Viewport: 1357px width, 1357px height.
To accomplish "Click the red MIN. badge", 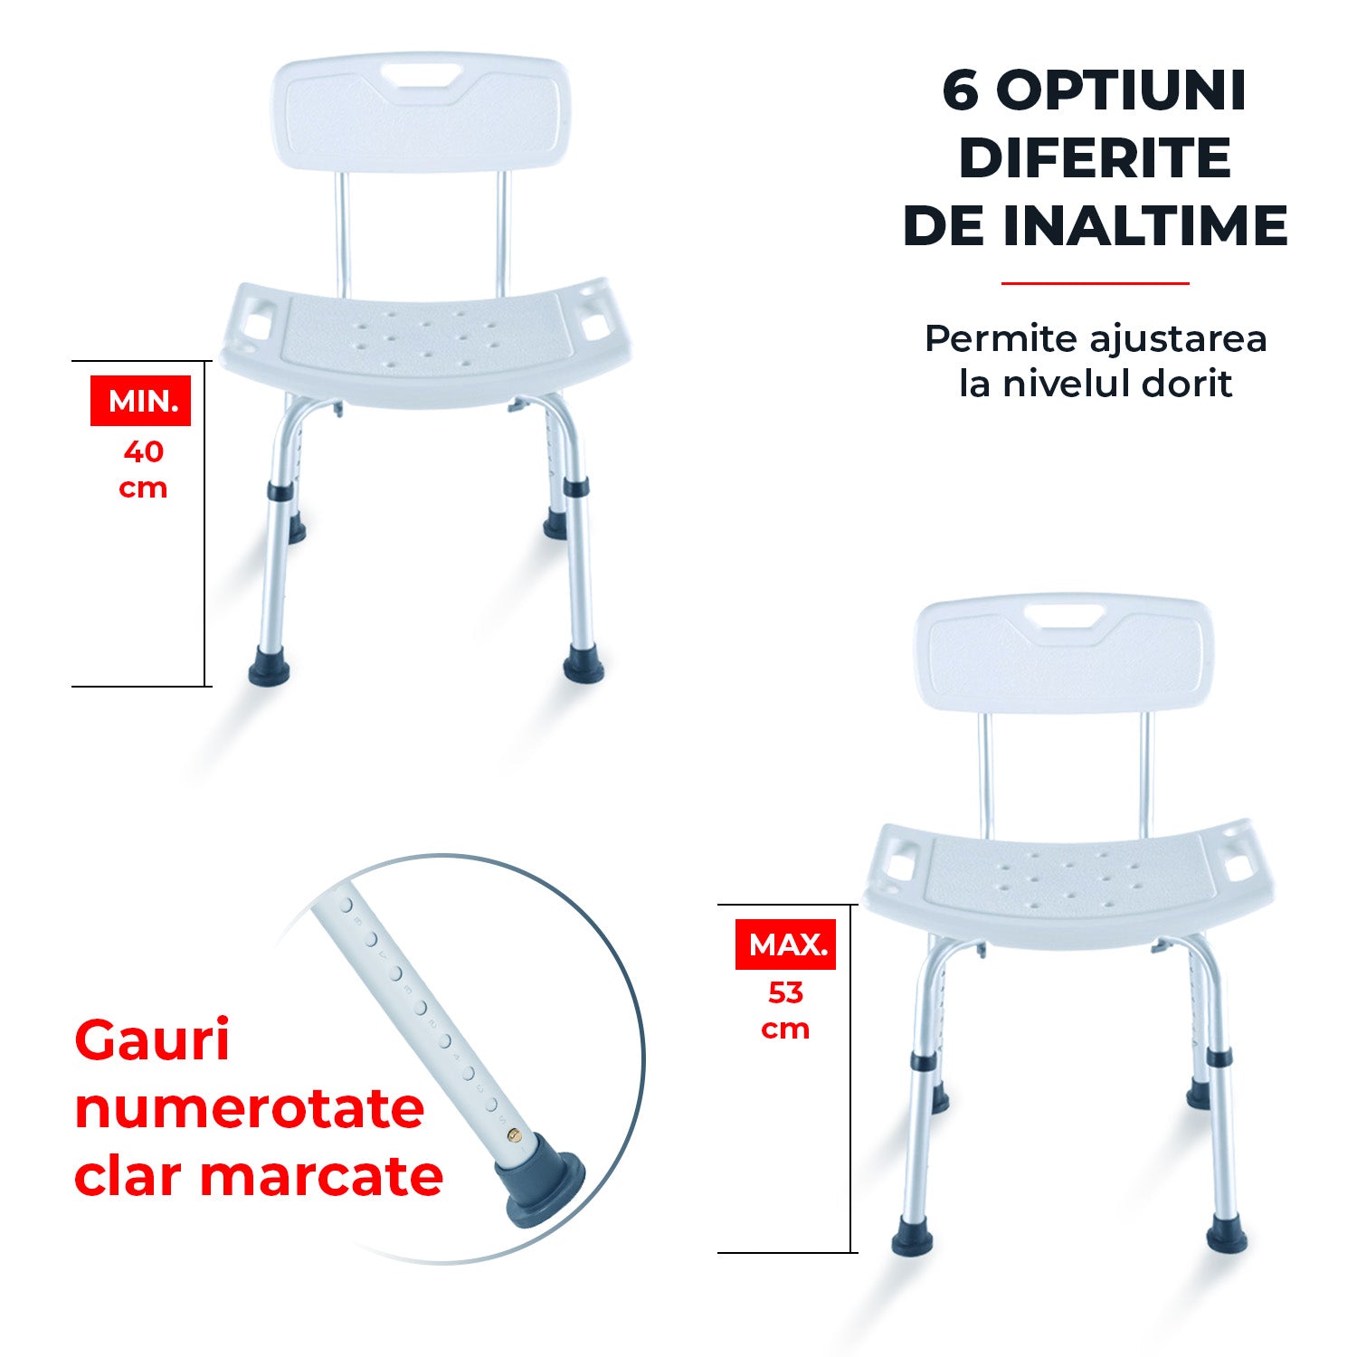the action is [x=140, y=400].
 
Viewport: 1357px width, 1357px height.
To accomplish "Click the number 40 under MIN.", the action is [x=143, y=451].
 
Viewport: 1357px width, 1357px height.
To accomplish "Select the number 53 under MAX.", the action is [x=785, y=993].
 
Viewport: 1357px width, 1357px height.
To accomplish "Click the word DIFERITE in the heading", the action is [x=1095, y=157].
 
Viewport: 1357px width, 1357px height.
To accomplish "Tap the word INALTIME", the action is [x=1145, y=225].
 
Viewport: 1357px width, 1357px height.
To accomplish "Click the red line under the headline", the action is [x=1095, y=283].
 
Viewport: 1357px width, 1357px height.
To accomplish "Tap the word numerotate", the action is [x=250, y=1109].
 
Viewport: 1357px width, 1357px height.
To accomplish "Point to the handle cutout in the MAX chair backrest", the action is [x=1064, y=619].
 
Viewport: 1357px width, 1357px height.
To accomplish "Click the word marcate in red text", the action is [x=321, y=1176].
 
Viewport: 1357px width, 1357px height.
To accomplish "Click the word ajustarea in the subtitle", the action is [x=1178, y=340].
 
